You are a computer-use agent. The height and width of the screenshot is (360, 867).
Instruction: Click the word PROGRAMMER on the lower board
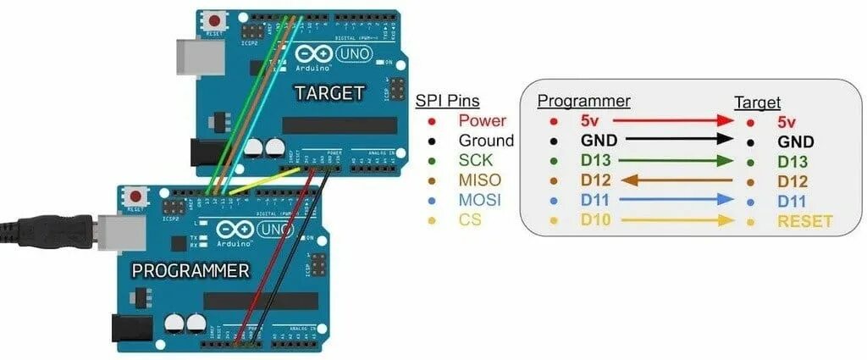tap(191, 271)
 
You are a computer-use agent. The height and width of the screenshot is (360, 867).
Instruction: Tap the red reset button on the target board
tap(216, 20)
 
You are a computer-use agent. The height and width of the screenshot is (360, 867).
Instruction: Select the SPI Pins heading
tap(447, 101)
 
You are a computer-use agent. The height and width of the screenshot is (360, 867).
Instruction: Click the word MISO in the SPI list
tap(479, 180)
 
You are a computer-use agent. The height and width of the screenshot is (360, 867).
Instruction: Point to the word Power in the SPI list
tap(482, 121)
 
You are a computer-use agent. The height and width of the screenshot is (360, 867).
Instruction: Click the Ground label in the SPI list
tap(486, 141)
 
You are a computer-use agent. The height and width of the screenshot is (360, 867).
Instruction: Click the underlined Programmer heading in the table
tap(584, 102)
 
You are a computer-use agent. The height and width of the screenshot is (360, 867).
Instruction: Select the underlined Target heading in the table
tap(757, 102)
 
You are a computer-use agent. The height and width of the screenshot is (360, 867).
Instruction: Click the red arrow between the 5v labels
tap(668, 122)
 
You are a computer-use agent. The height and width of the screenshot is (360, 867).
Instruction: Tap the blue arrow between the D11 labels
tap(668, 202)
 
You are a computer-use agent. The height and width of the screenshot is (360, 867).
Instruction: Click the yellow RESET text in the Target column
tap(804, 222)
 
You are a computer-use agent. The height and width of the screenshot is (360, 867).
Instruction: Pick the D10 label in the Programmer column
tap(595, 222)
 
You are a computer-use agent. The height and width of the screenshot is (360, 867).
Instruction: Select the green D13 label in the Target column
tap(792, 162)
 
